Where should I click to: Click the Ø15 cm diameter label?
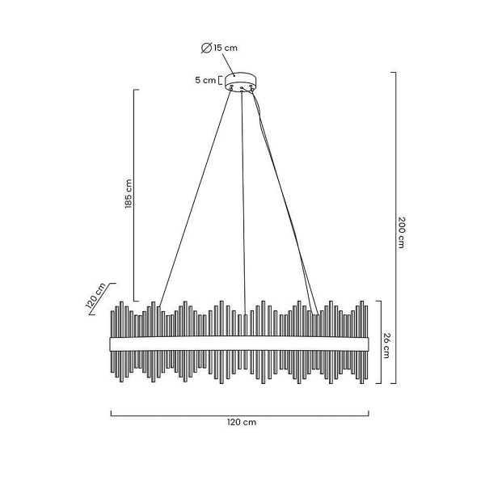(219, 48)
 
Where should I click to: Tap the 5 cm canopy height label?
(205, 80)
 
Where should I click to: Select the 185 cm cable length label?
(129, 194)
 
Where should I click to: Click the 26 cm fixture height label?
(386, 345)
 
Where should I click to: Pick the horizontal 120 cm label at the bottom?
(242, 422)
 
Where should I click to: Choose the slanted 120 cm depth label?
(95, 295)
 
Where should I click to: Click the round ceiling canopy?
(241, 81)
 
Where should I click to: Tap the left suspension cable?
(195, 198)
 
